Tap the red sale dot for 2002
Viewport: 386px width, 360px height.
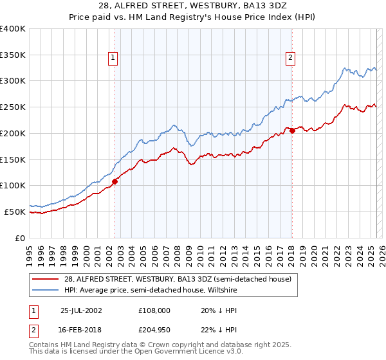coord(115,181)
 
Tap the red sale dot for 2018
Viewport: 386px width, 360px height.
coord(292,130)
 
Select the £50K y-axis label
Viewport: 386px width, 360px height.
coord(15,212)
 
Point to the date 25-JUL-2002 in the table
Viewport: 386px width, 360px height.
coord(80,310)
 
